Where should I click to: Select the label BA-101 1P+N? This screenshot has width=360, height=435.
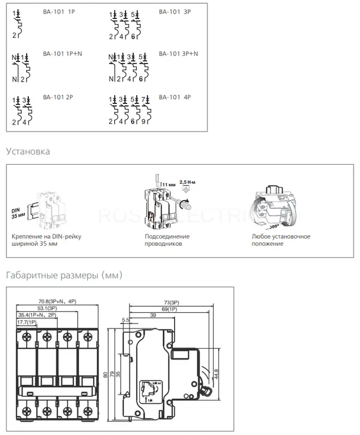coord(63,54)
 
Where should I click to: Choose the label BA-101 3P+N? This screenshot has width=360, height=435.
coord(178,54)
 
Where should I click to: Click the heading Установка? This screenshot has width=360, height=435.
coord(28,151)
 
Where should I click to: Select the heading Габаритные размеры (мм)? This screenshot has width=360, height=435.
coord(64,275)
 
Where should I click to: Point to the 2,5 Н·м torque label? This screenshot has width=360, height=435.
coord(188,183)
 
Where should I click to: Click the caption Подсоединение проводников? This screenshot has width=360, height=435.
coord(167,240)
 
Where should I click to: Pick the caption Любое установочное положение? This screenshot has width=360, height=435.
coord(281,240)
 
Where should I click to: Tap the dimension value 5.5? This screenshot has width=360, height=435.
coord(126,320)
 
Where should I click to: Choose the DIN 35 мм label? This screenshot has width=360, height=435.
coord(18,212)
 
